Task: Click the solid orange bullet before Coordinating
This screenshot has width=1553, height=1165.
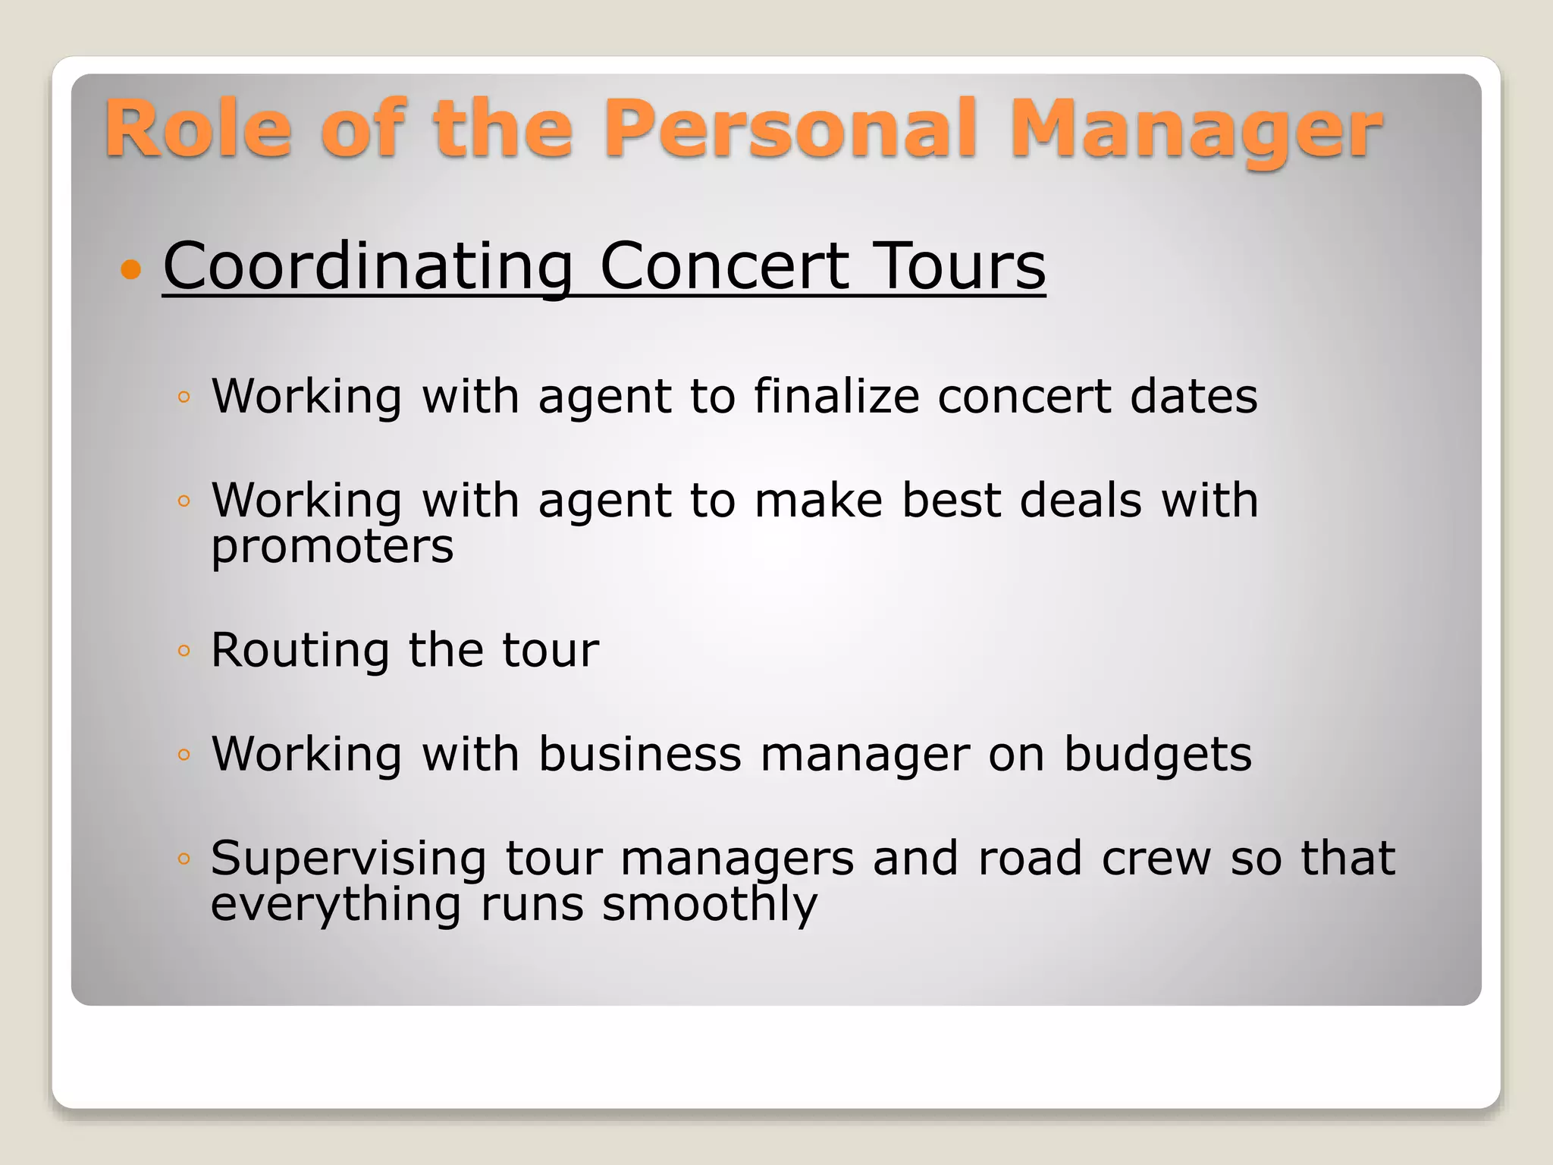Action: (x=131, y=269)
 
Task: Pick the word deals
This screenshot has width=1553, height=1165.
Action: (x=1081, y=501)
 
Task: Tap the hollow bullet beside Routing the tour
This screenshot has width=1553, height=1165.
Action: (x=184, y=651)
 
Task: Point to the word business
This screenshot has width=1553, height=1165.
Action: (x=640, y=754)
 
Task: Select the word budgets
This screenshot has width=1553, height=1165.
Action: (x=1158, y=754)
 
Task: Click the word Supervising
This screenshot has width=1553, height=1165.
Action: (x=348, y=859)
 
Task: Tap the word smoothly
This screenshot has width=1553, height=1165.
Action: (x=710, y=904)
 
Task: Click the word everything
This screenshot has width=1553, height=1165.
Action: (x=336, y=904)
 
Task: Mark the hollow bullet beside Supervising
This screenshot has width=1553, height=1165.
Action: (x=184, y=859)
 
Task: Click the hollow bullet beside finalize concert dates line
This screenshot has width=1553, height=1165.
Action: (x=184, y=397)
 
